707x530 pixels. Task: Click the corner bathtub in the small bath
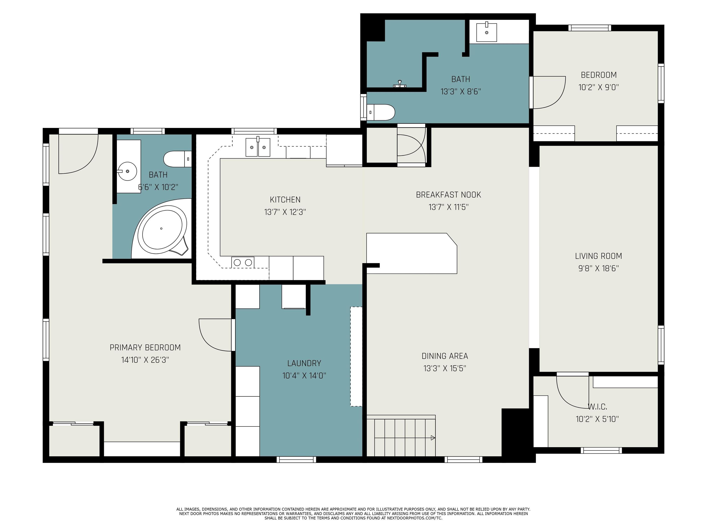coord(161,229)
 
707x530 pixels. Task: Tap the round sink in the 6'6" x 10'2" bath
coord(127,171)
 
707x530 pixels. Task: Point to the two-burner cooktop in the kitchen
coord(243,262)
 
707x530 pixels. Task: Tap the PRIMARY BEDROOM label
coord(145,348)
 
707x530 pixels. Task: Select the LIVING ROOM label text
coord(598,256)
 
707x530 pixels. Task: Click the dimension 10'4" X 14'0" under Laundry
coord(304,375)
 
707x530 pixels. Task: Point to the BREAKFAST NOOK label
coord(448,195)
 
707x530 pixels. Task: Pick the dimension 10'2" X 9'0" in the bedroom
coord(599,87)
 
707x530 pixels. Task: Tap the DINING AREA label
coord(445,356)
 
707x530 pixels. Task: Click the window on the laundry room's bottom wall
coord(296,459)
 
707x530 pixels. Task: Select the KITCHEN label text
coord(285,200)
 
